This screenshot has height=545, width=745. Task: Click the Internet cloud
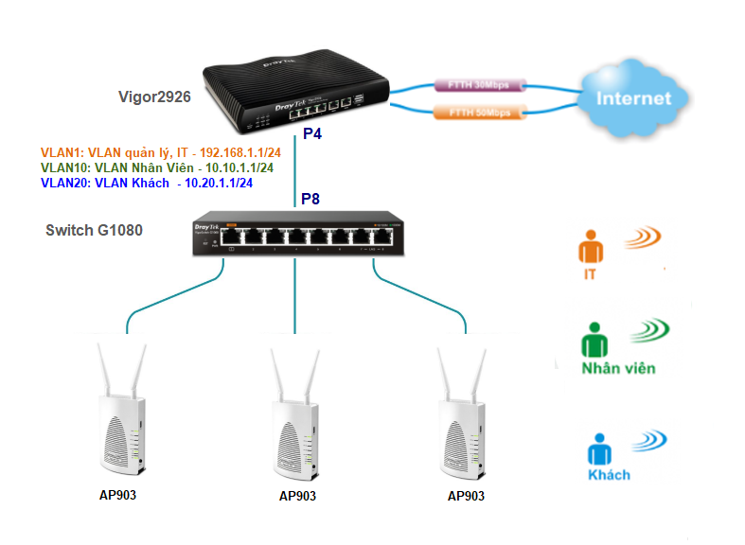[x=633, y=98]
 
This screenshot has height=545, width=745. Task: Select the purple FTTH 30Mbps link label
[x=478, y=84]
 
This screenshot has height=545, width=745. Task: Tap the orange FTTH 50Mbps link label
[x=478, y=114]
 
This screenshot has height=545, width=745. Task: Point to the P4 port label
[x=312, y=135]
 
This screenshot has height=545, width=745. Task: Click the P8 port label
[x=311, y=199]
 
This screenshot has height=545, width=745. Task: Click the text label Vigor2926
[x=153, y=97]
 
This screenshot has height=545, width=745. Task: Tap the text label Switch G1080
[x=95, y=230]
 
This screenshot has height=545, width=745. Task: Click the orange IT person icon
[x=591, y=249]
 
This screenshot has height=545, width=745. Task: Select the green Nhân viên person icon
[x=594, y=340]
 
